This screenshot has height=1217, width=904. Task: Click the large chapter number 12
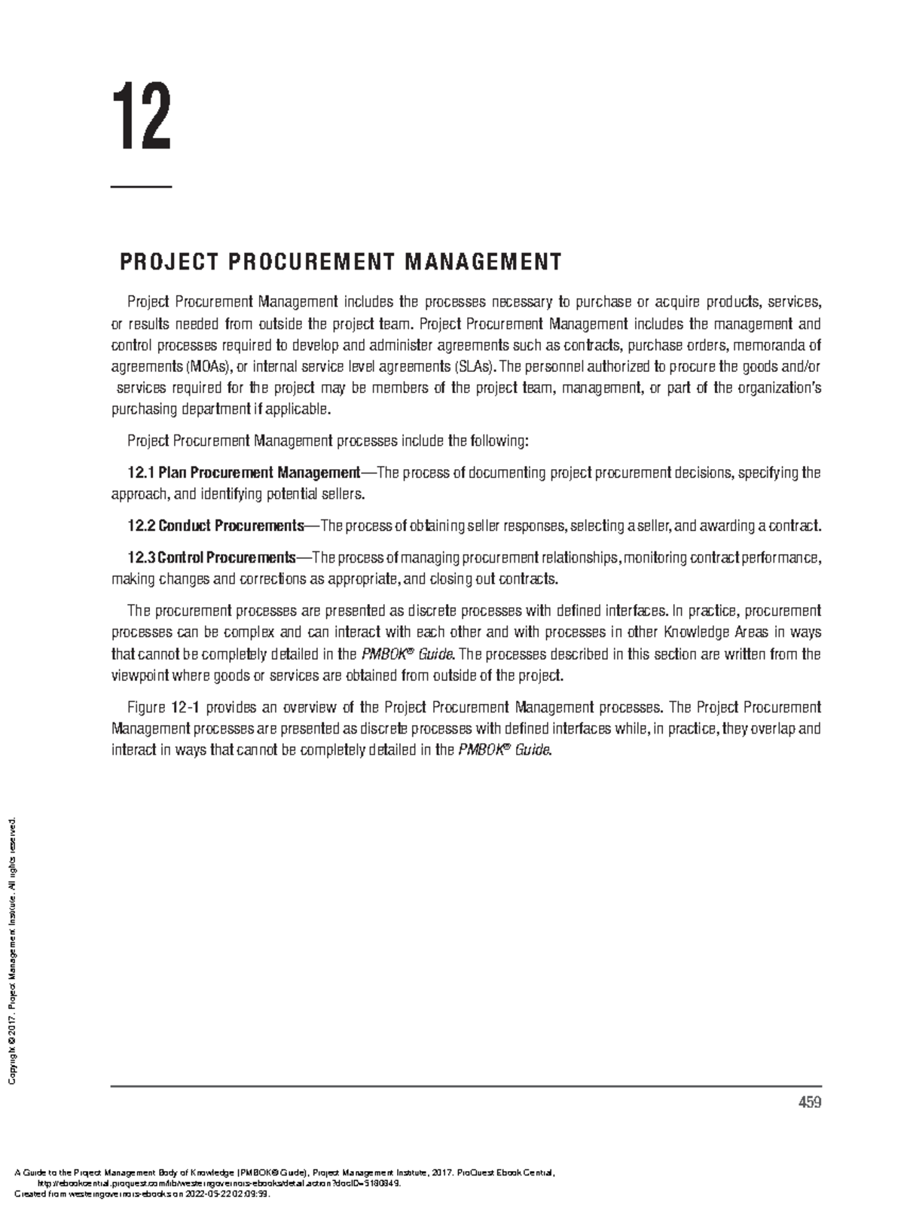tap(142, 118)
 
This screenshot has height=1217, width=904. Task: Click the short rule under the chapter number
tap(142, 186)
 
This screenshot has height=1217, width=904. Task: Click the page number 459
tap(810, 1103)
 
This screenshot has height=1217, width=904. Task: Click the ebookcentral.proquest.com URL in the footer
tap(218, 1182)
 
